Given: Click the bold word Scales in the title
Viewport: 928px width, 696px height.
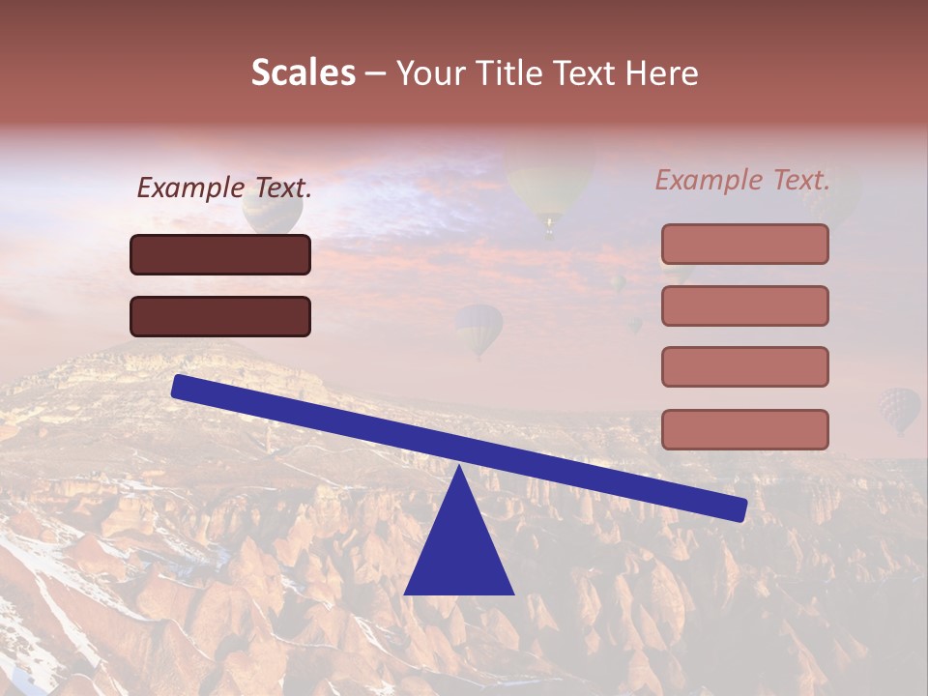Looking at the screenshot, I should [304, 72].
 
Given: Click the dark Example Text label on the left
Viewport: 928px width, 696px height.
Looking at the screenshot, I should [224, 188].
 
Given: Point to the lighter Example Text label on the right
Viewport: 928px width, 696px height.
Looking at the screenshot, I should [742, 180].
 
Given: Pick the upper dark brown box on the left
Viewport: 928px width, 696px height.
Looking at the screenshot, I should [220, 254].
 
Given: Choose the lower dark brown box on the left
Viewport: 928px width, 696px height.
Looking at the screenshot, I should [220, 316].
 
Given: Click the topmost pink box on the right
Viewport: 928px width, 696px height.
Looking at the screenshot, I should [744, 244].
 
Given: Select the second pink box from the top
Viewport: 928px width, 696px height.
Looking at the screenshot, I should [744, 305].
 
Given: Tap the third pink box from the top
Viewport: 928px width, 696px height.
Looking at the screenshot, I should [744, 366].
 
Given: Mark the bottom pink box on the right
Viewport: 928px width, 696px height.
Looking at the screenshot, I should [744, 429].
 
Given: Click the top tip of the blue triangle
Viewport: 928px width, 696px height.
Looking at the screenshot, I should [458, 468].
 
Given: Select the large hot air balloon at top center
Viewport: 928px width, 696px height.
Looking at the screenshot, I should [549, 188].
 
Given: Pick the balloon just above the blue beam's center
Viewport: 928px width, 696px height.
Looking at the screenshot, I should [479, 329].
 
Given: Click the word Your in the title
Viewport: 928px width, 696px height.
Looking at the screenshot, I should [429, 72].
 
